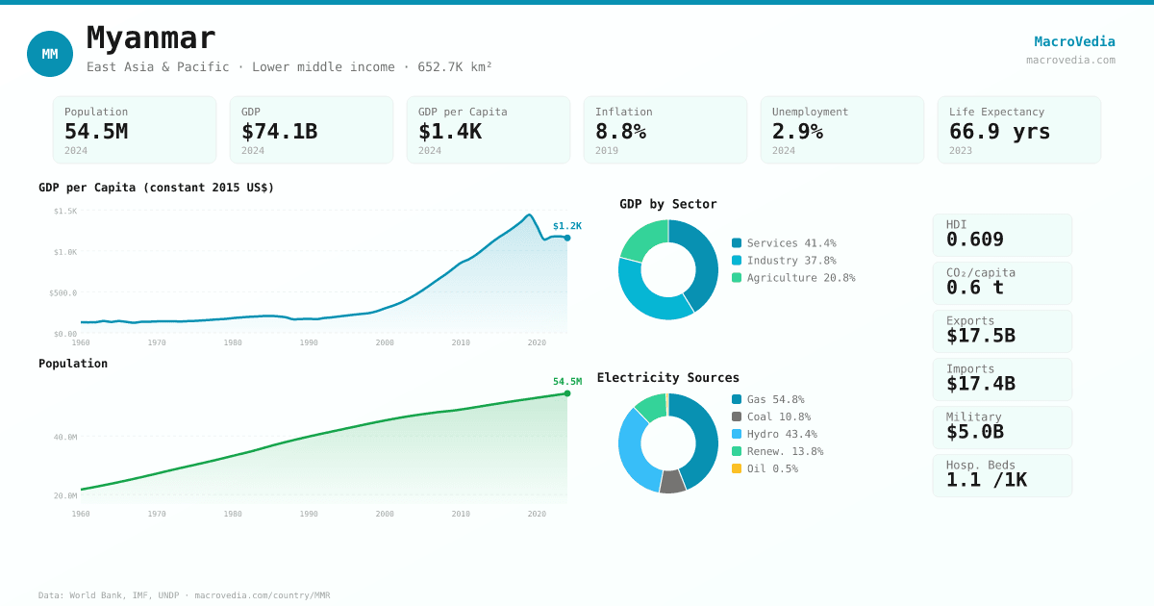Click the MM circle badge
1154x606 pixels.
(x=50, y=54)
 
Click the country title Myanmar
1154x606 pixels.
(x=151, y=38)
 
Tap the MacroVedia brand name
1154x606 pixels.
(x=1074, y=41)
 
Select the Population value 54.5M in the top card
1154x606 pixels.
(x=96, y=132)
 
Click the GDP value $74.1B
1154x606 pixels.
(x=279, y=132)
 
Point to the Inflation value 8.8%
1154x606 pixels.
(x=620, y=132)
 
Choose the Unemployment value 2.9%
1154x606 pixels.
(x=797, y=132)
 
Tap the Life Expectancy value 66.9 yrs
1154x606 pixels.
(x=999, y=132)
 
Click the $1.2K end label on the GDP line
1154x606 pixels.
(x=566, y=226)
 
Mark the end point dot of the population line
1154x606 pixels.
(x=567, y=393)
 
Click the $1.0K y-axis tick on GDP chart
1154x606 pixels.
(x=65, y=252)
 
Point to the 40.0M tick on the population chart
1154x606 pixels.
(x=65, y=437)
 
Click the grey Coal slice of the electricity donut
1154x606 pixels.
(x=672, y=482)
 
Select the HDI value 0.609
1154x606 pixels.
(x=974, y=240)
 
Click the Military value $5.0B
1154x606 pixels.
(x=974, y=432)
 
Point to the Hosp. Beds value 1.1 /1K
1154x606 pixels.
(x=986, y=480)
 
